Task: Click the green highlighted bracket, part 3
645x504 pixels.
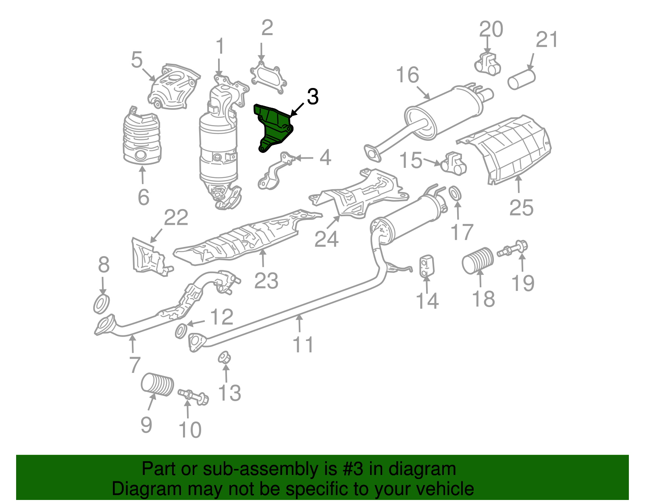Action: pyautogui.click(x=274, y=126)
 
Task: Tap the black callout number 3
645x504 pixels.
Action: pyautogui.click(x=313, y=97)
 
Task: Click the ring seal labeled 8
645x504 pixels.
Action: pyautogui.click(x=102, y=303)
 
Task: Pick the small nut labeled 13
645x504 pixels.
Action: pyautogui.click(x=224, y=357)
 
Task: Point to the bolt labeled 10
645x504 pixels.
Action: pyautogui.click(x=193, y=395)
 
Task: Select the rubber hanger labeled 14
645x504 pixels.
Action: pyautogui.click(x=426, y=266)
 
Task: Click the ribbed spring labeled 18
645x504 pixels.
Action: pyautogui.click(x=477, y=260)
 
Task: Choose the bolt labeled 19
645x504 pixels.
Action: pyautogui.click(x=514, y=248)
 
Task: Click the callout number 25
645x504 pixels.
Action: pyautogui.click(x=521, y=208)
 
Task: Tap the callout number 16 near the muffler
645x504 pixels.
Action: pyautogui.click(x=408, y=75)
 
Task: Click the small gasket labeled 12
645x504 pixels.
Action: pyautogui.click(x=181, y=331)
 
